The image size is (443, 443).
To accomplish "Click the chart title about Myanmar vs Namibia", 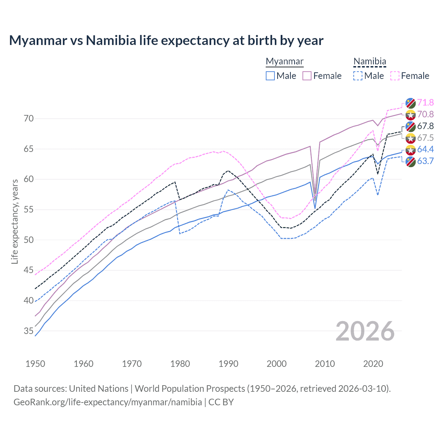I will click(166, 40).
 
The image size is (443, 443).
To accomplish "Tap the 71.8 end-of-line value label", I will click(425, 102).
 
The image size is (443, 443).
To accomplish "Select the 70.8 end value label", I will click(425, 114).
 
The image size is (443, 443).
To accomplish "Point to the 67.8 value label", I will click(425, 126).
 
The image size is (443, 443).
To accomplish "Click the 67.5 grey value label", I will click(425, 138).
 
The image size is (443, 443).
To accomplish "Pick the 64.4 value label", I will click(425, 149).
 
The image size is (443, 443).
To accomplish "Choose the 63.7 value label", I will click(425, 161).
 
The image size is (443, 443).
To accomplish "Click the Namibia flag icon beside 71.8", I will click(410, 103).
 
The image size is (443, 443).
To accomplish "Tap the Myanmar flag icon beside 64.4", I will click(410, 150).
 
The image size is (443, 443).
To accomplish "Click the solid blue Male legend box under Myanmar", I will click(270, 76).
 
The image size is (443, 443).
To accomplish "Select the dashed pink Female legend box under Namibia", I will click(395, 76).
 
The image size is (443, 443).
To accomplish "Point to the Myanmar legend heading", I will click(284, 61).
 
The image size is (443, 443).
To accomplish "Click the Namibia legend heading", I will click(370, 61).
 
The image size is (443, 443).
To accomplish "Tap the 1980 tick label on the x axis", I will click(180, 364).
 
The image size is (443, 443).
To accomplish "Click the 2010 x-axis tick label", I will click(325, 364).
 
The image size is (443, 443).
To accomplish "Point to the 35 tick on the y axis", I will click(29, 331).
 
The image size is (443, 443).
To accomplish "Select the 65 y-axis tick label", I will click(29, 149).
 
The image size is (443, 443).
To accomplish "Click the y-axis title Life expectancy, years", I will click(15, 221).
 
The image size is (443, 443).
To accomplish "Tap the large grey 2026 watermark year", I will click(365, 331).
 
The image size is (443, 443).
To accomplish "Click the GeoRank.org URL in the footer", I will click(108, 402).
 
